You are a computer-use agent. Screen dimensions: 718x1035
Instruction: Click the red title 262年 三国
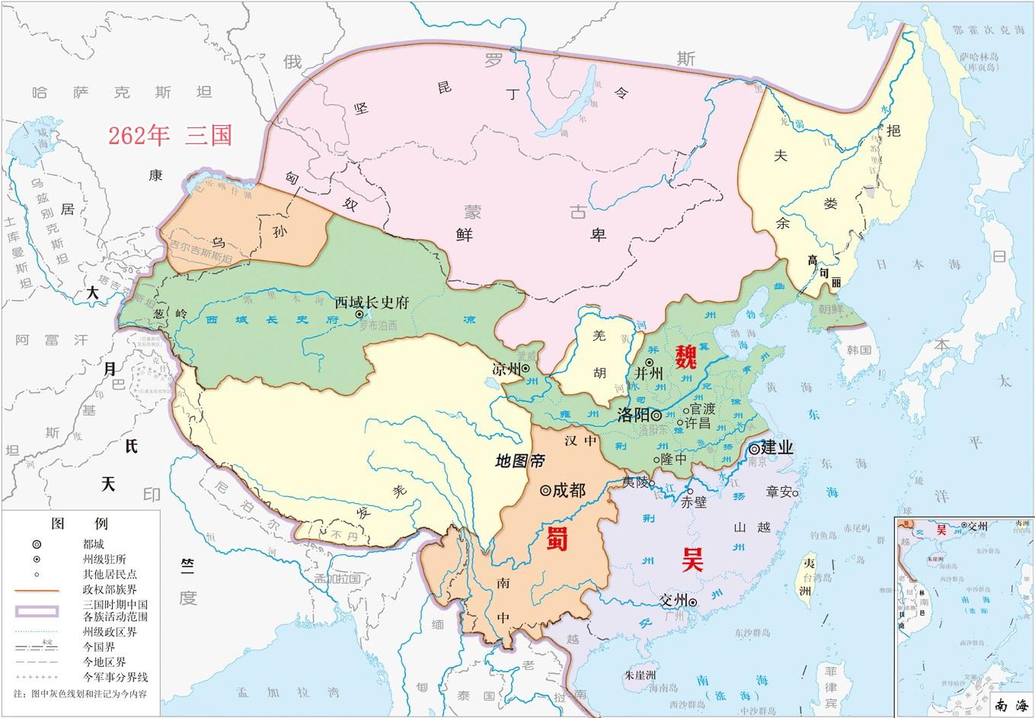[x=169, y=135]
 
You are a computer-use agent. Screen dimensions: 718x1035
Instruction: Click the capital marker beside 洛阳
[x=656, y=415]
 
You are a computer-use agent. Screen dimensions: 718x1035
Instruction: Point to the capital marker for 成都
[x=545, y=491]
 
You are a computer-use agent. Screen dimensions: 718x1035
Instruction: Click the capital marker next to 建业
[x=754, y=448]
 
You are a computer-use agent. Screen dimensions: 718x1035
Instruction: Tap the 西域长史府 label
[x=372, y=303]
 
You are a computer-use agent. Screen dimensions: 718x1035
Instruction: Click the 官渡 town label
[x=704, y=409]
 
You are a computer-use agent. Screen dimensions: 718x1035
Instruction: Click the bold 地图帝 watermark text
[x=519, y=460]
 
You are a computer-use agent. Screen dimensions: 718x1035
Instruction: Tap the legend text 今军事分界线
[x=114, y=677]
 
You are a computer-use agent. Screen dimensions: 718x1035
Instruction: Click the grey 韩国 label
[x=858, y=351]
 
